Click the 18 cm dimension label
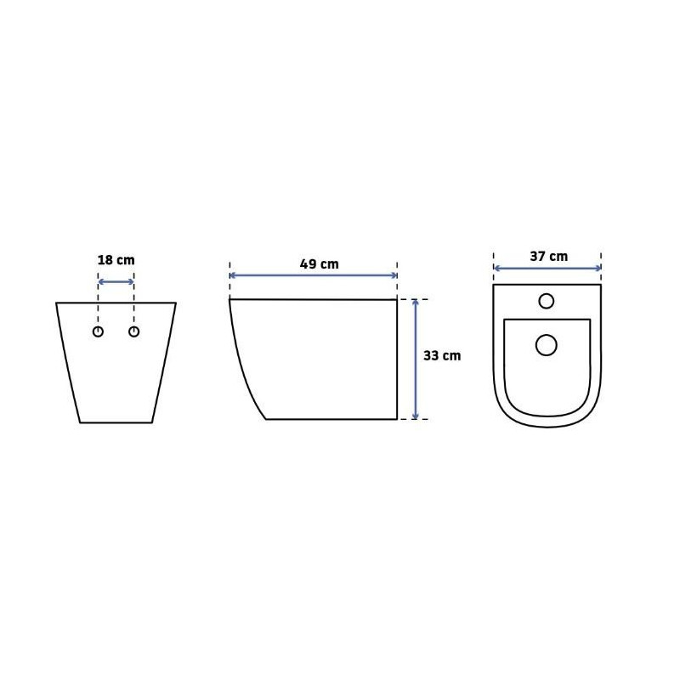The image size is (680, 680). click(116, 260)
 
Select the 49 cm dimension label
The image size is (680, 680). click(320, 264)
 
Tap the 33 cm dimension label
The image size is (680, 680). click(442, 355)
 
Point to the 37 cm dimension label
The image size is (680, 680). click(548, 257)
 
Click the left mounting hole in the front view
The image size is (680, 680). click(99, 331)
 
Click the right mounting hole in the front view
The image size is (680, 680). click(134, 331)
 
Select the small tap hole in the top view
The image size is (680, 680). click(547, 301)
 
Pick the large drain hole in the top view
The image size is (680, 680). click(547, 345)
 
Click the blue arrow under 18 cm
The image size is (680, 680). click(116, 282)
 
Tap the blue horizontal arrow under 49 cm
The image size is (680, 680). click(314, 275)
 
